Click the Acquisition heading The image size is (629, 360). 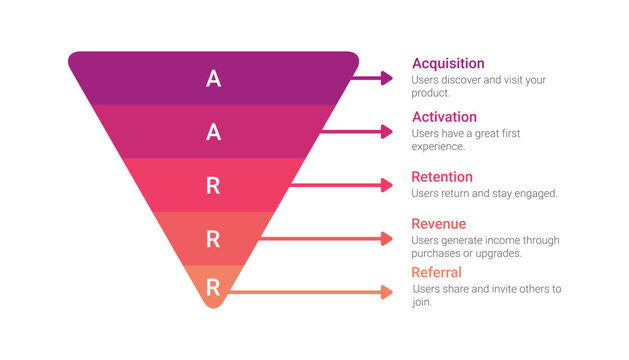(448, 64)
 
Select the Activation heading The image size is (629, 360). (444, 117)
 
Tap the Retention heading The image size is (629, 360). (442, 177)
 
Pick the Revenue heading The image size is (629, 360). (438, 224)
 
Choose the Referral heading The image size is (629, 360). (436, 272)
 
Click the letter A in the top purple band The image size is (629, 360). (213, 78)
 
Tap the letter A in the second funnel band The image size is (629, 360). (213, 131)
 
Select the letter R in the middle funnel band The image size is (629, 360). (213, 185)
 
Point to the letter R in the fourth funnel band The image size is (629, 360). (213, 238)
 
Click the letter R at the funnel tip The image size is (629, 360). (213, 287)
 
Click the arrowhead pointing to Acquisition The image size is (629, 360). (388, 78)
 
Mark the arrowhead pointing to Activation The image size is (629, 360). (388, 131)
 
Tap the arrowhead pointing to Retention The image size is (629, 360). (388, 185)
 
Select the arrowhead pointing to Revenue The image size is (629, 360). (388, 238)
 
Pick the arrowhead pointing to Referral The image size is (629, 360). (388, 292)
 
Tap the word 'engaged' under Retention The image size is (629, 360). (537, 193)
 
